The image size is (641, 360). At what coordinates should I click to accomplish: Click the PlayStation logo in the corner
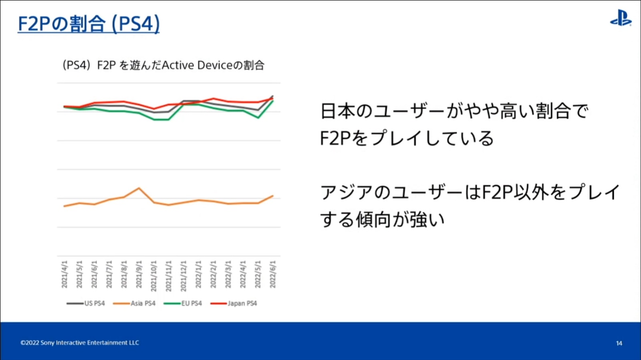tap(621, 18)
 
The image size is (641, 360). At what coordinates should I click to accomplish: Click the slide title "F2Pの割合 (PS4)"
tap(89, 24)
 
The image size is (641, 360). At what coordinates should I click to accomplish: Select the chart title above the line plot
tap(163, 65)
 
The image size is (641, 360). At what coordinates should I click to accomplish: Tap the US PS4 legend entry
tap(86, 304)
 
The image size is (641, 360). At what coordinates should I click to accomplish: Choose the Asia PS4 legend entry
tap(134, 304)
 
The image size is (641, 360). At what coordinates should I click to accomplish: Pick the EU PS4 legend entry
tap(183, 304)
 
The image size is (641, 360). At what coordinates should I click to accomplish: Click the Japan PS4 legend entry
tap(234, 304)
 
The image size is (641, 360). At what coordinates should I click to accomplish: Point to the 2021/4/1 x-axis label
tap(65, 274)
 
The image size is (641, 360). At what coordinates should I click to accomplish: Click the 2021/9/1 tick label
tap(139, 274)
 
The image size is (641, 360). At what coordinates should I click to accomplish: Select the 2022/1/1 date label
tap(198, 274)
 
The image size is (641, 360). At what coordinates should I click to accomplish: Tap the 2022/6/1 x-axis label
tap(273, 274)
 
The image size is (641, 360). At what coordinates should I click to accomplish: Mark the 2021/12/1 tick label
tap(183, 276)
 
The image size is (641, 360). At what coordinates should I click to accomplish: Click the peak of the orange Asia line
tap(139, 188)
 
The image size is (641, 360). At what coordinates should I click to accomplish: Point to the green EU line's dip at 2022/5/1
tap(258, 118)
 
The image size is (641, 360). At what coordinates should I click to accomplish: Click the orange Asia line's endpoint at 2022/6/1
tap(273, 196)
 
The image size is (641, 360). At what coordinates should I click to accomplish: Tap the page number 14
tap(619, 343)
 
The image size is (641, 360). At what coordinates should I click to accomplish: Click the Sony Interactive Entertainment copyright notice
tap(80, 343)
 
